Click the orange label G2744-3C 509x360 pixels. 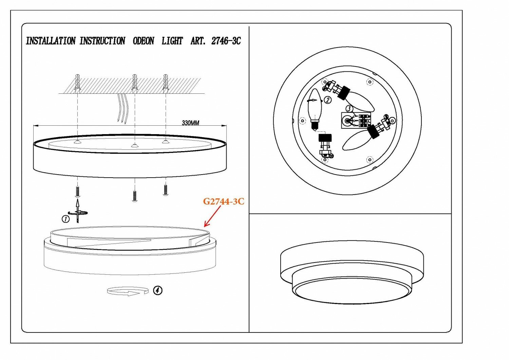224,201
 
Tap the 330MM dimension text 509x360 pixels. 190,123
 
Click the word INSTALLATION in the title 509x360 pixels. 51,41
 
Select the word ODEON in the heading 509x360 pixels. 143,41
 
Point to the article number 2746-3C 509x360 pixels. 226,41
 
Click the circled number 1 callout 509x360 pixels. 65,219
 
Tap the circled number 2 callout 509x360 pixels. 327,100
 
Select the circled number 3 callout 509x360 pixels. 349,109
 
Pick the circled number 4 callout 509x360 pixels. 158,290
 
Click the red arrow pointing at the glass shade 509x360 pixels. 212,216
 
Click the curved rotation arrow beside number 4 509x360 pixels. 128,291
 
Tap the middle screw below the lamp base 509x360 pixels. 135,196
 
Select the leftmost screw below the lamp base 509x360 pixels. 78,192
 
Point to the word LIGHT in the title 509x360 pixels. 172,41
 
